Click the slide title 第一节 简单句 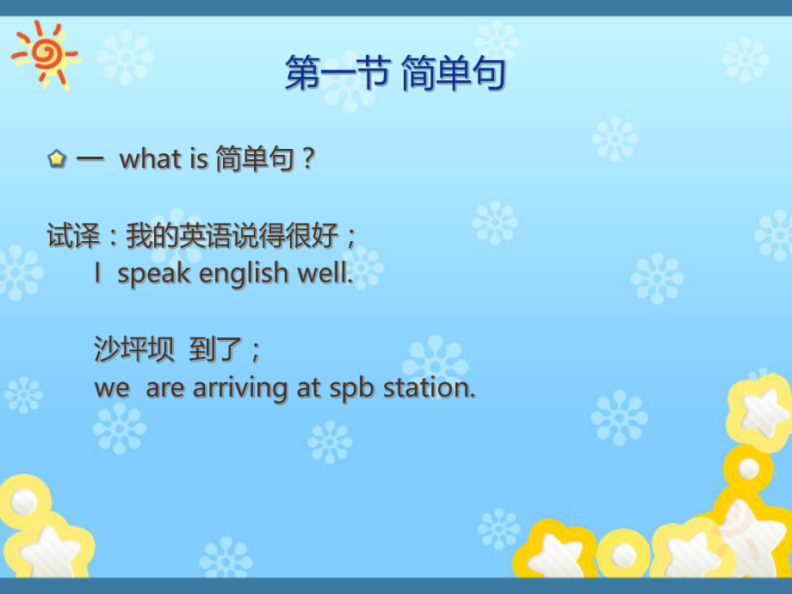pos(395,74)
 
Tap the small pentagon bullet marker pos(57,159)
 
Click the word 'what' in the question pos(150,159)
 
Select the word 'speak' pos(155,275)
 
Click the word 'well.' pos(325,274)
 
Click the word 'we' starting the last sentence pos(111,389)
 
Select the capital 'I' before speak pos(99,274)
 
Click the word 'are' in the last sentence pos(165,389)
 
